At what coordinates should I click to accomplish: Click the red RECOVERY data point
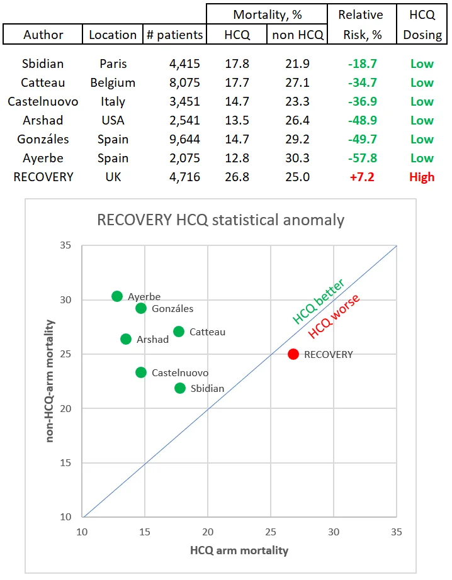[293, 354]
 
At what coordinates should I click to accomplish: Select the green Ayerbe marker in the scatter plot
[117, 296]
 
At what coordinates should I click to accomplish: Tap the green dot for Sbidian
[180, 388]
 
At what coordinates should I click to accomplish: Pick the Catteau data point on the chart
[179, 332]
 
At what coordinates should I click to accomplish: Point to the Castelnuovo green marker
[141, 372]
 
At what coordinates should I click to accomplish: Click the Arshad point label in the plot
[152, 339]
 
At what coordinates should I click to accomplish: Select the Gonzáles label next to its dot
[172, 308]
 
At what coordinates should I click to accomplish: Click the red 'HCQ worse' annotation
[334, 316]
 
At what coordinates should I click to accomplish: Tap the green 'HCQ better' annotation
[319, 301]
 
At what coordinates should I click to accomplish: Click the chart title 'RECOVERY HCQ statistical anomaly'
[220, 220]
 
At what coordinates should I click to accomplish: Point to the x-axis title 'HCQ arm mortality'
[239, 550]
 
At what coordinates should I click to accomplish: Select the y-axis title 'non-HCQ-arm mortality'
[50, 381]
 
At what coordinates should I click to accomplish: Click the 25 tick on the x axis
[271, 532]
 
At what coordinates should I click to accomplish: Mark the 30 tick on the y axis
[65, 299]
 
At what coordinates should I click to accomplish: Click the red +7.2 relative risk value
[362, 177]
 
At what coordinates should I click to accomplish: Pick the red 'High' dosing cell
[422, 177]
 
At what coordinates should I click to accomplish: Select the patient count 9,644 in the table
[184, 139]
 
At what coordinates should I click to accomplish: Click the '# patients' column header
[175, 35]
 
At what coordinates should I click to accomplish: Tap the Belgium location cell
[113, 82]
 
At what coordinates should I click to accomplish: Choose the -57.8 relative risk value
[363, 158]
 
